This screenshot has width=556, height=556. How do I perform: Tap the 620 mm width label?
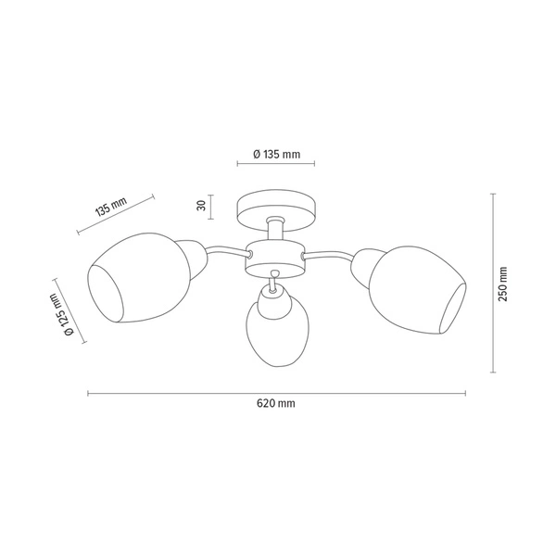pos(277,405)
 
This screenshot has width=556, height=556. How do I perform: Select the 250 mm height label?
pos(502,284)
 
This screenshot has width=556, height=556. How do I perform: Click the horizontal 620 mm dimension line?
pos(185,394)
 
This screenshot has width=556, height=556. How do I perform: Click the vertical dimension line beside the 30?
pos(212,208)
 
